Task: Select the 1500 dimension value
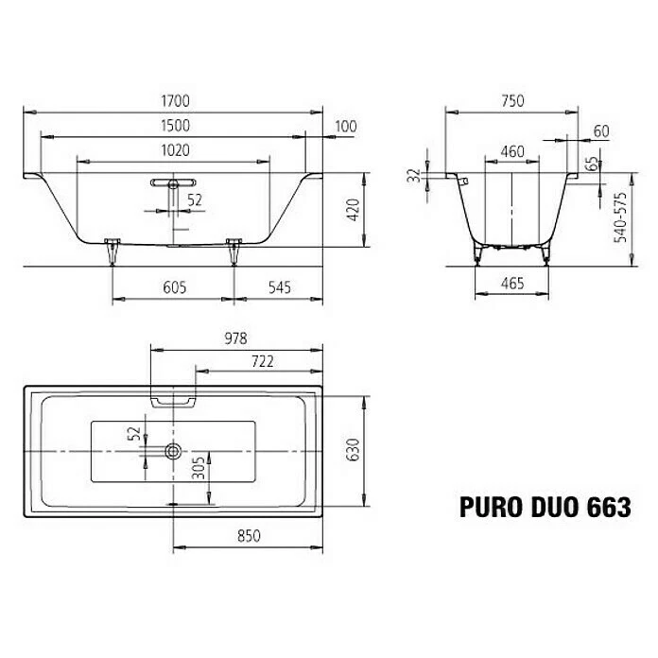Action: pos(175,125)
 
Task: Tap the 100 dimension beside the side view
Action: pos(346,126)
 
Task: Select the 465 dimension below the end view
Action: pos(511,283)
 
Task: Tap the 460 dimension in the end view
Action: pos(511,150)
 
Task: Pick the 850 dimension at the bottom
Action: pos(247,535)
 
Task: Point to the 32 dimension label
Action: pos(413,176)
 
